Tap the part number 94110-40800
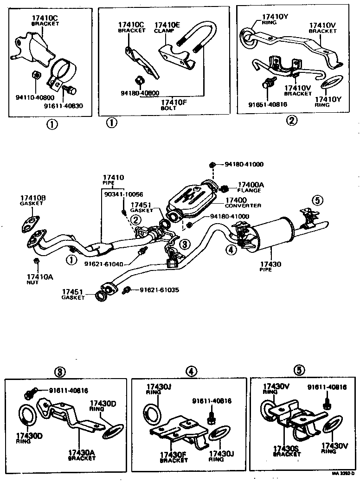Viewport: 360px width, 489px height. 34,98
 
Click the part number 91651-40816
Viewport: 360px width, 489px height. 268,104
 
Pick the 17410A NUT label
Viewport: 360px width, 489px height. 39,279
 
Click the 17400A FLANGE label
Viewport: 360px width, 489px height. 251,187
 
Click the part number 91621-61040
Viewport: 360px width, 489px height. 104,264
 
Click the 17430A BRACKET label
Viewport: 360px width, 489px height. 81,455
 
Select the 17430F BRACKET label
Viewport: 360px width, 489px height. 174,457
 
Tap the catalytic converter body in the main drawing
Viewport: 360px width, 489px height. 190,199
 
